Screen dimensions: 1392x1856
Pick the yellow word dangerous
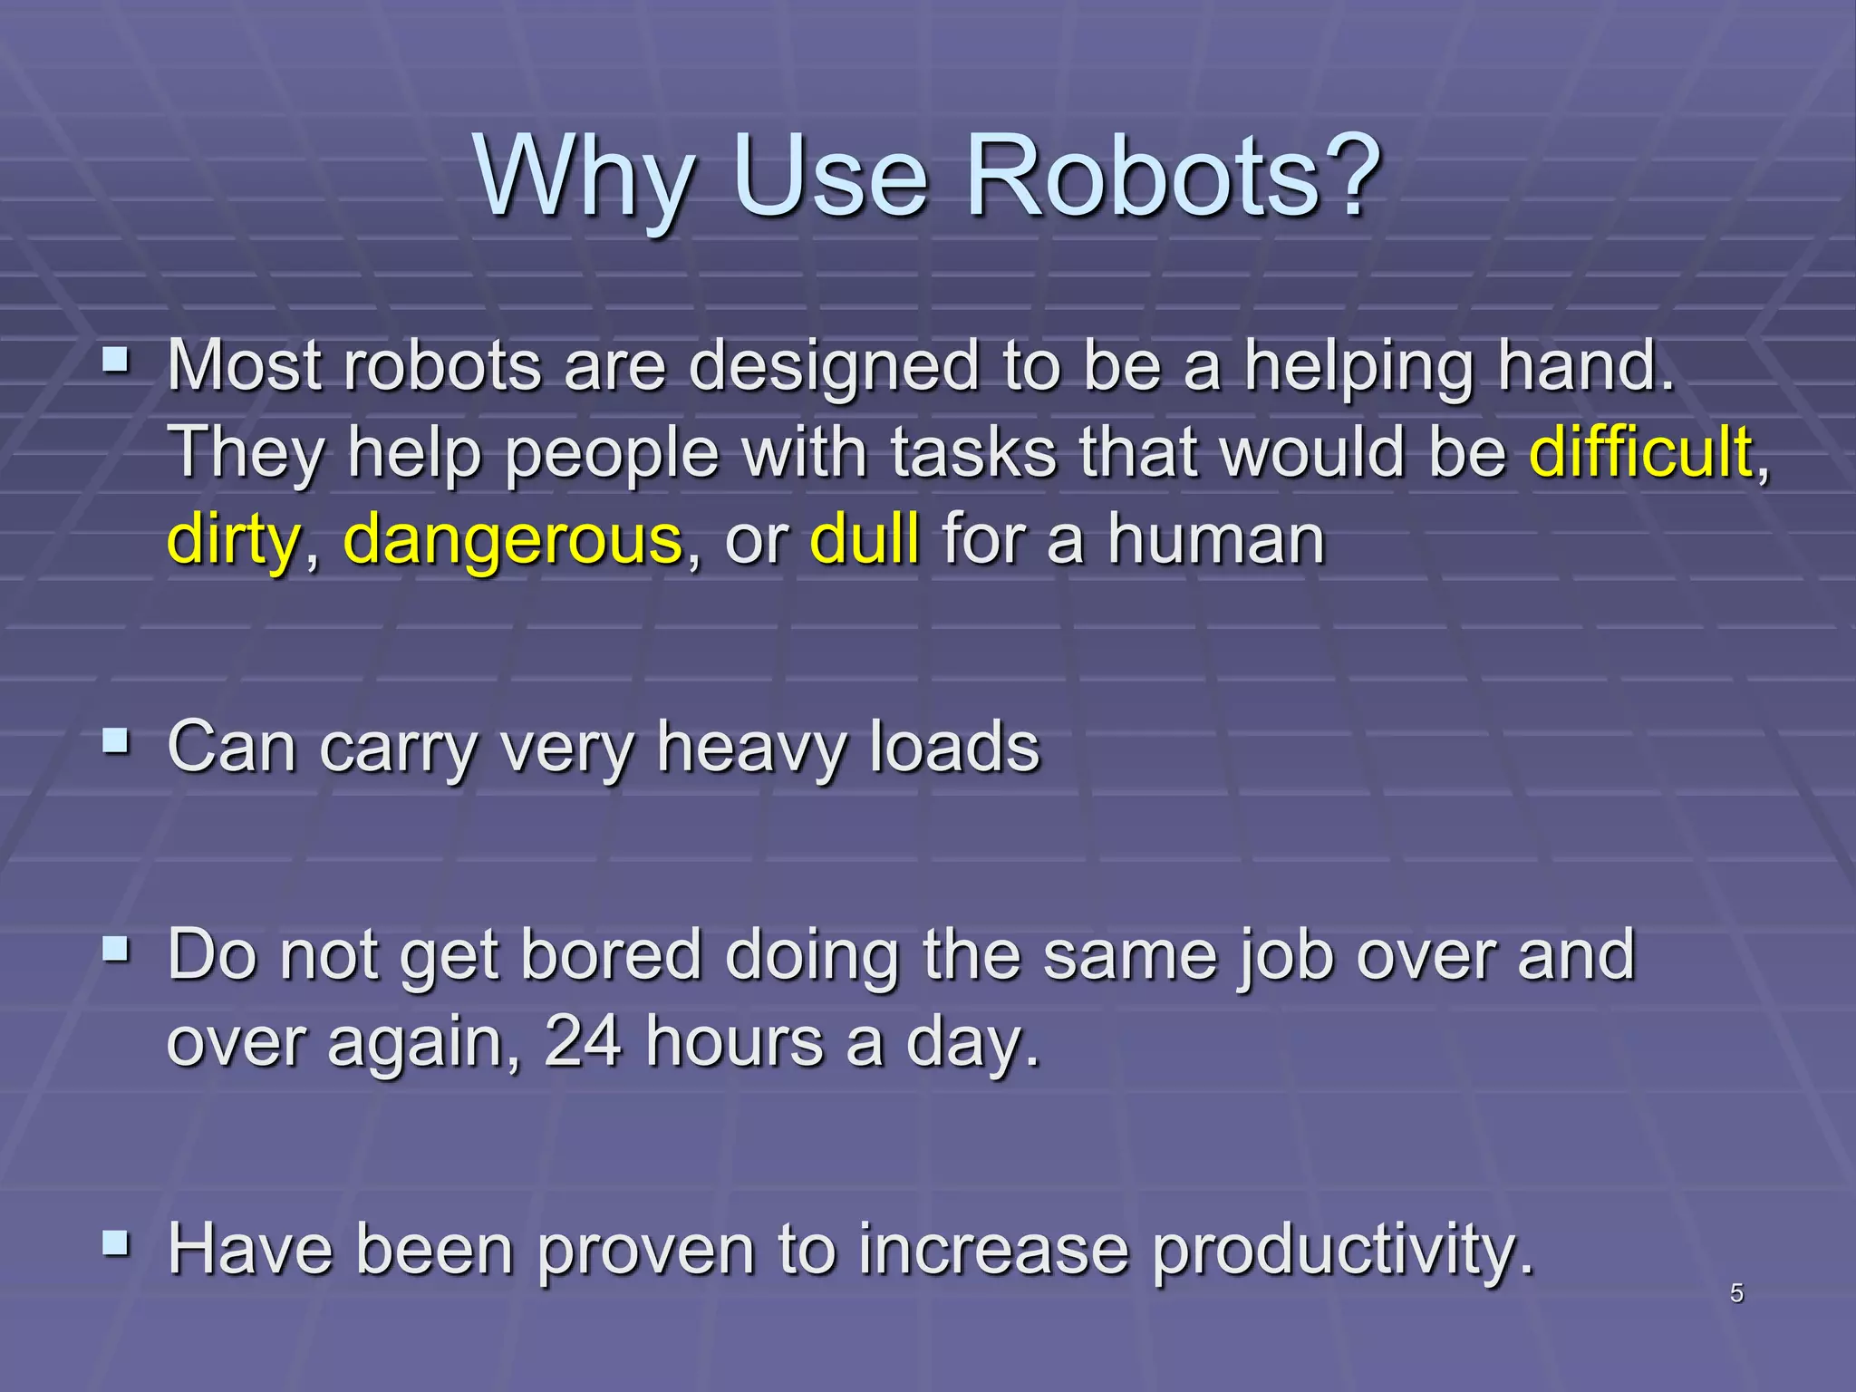513,541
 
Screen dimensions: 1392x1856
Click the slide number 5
1736,1293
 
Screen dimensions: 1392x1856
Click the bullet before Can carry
115,743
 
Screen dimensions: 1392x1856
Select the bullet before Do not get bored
115,951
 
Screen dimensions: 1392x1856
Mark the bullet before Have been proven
115,1244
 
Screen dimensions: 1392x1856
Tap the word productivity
1343,1251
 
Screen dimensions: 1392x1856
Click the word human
1216,539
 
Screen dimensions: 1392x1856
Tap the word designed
834,367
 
